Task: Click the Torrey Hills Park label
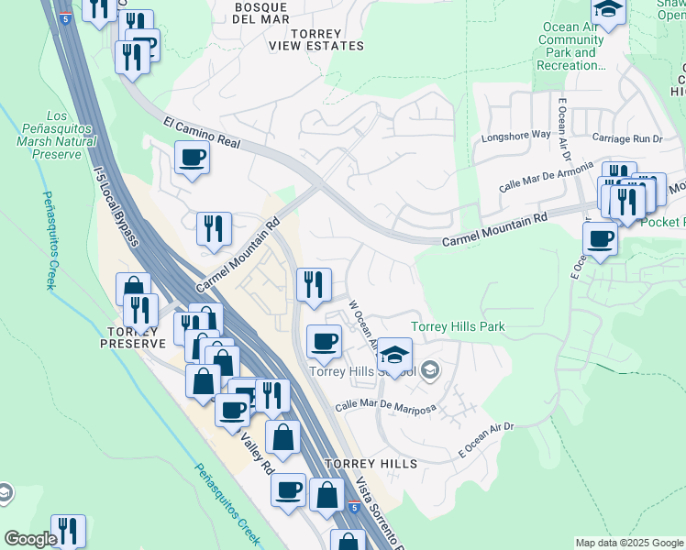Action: (458, 326)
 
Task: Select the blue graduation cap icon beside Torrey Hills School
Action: (394, 355)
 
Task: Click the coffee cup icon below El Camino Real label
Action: (193, 158)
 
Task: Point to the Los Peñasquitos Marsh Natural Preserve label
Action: (57, 136)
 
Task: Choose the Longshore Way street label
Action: (516, 136)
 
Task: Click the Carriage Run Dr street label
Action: (627, 138)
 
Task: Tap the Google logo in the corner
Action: (30, 539)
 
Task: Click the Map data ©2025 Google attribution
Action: (629, 543)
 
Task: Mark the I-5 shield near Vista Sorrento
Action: (354, 507)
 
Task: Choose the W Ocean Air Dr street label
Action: (363, 325)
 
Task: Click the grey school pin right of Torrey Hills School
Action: (433, 371)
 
